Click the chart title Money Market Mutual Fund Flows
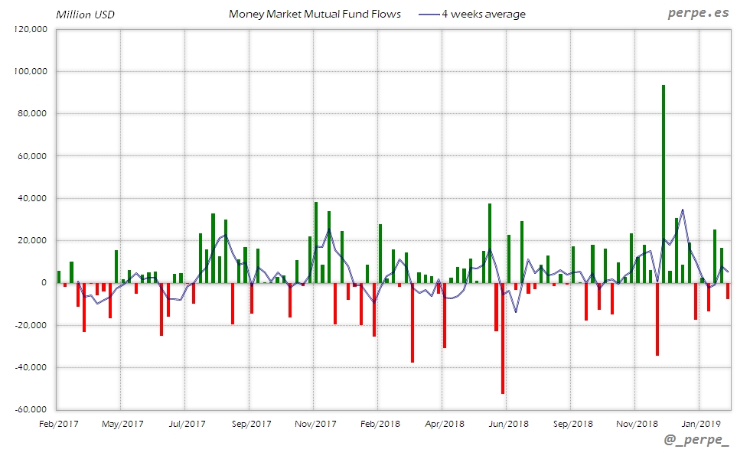point(315,14)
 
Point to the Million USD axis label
point(85,15)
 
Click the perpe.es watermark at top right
point(699,14)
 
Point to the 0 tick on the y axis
point(44,283)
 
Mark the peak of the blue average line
point(682,210)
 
